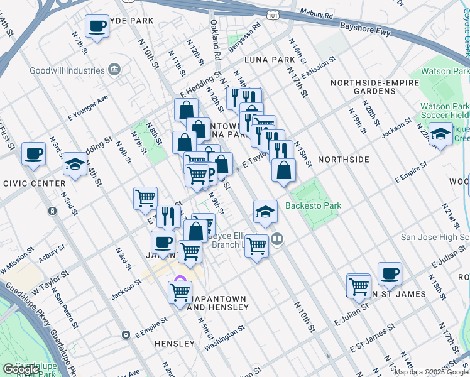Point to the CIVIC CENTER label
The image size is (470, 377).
[34, 183]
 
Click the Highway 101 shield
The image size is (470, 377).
[272, 13]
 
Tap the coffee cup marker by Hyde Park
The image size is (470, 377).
[97, 27]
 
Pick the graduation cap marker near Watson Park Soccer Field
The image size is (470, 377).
[441, 134]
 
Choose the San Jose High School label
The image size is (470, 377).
[435, 238]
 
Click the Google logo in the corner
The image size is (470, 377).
[20, 369]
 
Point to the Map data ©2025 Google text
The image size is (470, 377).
[431, 372]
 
